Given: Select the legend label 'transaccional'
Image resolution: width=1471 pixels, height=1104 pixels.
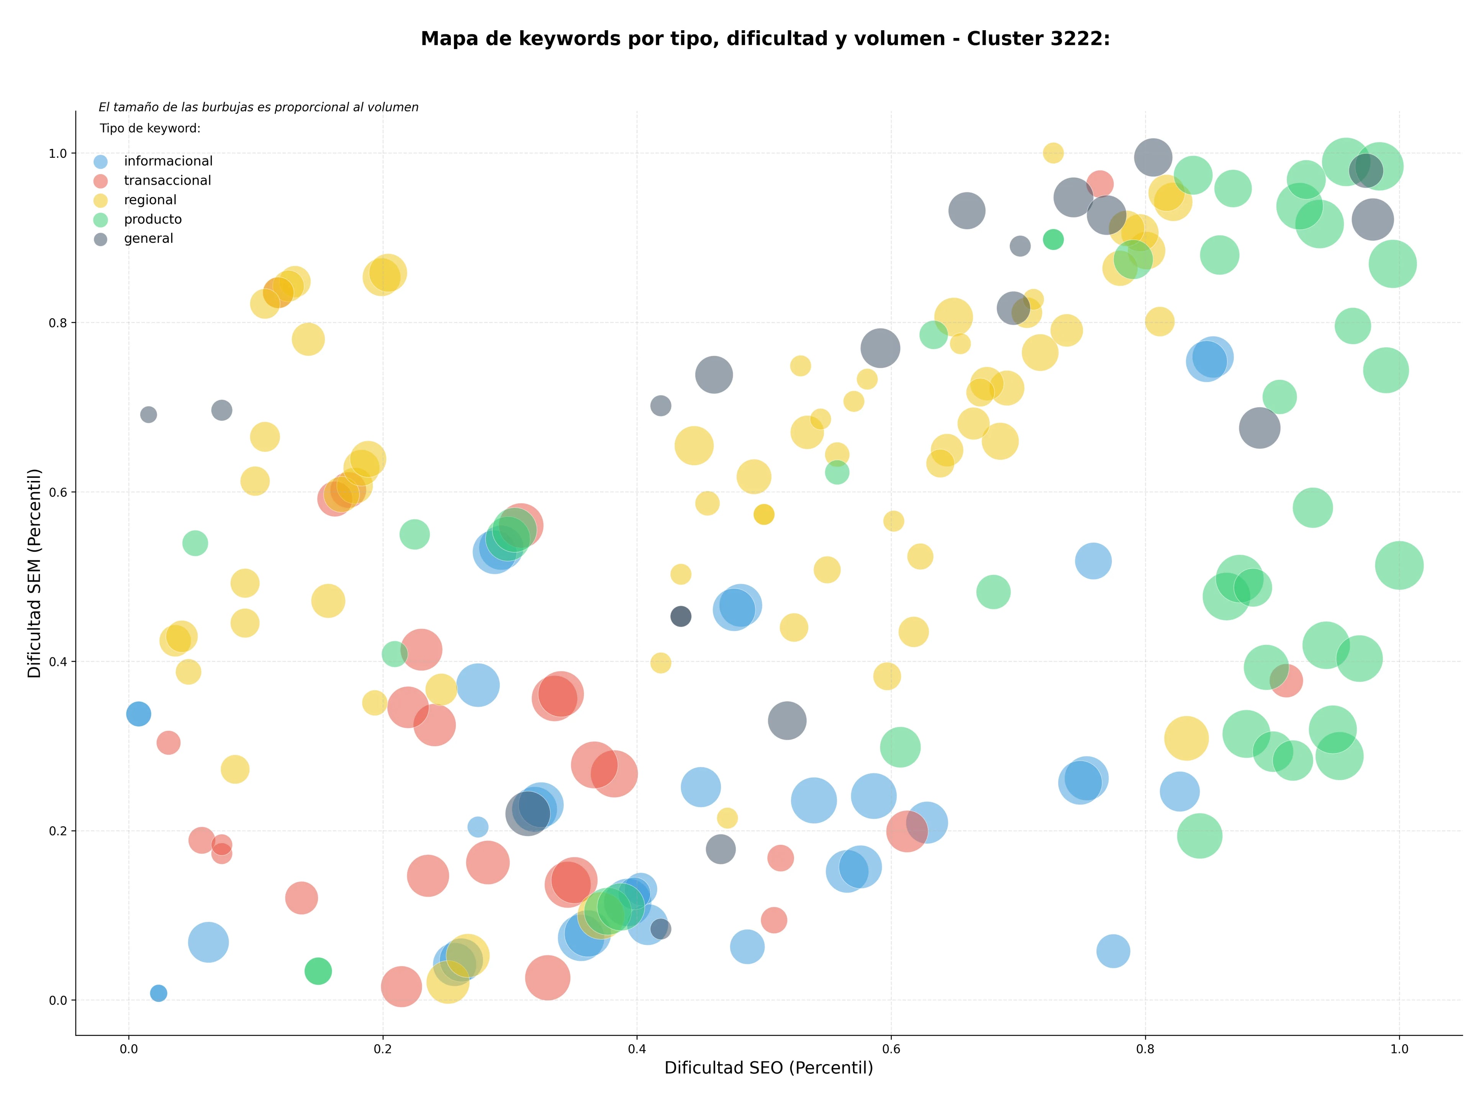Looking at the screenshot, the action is pos(167,181).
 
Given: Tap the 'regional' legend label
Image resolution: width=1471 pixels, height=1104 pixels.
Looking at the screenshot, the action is pos(150,200).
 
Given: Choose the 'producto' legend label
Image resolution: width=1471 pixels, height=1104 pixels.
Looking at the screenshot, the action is pos(153,219).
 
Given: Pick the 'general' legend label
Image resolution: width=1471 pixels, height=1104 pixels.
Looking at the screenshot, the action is pos(148,239).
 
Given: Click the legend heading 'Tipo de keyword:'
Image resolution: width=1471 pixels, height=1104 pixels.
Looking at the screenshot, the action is pos(150,128).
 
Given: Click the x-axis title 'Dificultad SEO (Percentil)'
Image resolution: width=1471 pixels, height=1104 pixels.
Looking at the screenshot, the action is pos(769,1068).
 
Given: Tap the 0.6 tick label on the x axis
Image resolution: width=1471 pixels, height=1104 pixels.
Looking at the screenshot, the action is pos(891,1049).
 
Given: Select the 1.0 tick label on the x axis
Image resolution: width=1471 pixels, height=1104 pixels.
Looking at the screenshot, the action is pos(1399,1049).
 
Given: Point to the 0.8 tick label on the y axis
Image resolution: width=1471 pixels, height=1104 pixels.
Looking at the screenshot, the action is pos(59,323).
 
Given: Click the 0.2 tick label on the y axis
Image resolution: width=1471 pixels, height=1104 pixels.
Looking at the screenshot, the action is pos(59,831).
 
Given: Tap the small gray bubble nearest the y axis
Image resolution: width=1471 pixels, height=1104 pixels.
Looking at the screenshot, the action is pos(148,415).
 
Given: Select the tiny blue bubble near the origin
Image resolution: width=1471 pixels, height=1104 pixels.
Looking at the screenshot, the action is pos(158,993).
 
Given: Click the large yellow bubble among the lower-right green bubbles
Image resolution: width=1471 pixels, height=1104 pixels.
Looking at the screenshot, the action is pos(1186,738).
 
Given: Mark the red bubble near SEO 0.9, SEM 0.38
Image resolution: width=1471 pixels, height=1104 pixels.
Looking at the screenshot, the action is pos(1286,680).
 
